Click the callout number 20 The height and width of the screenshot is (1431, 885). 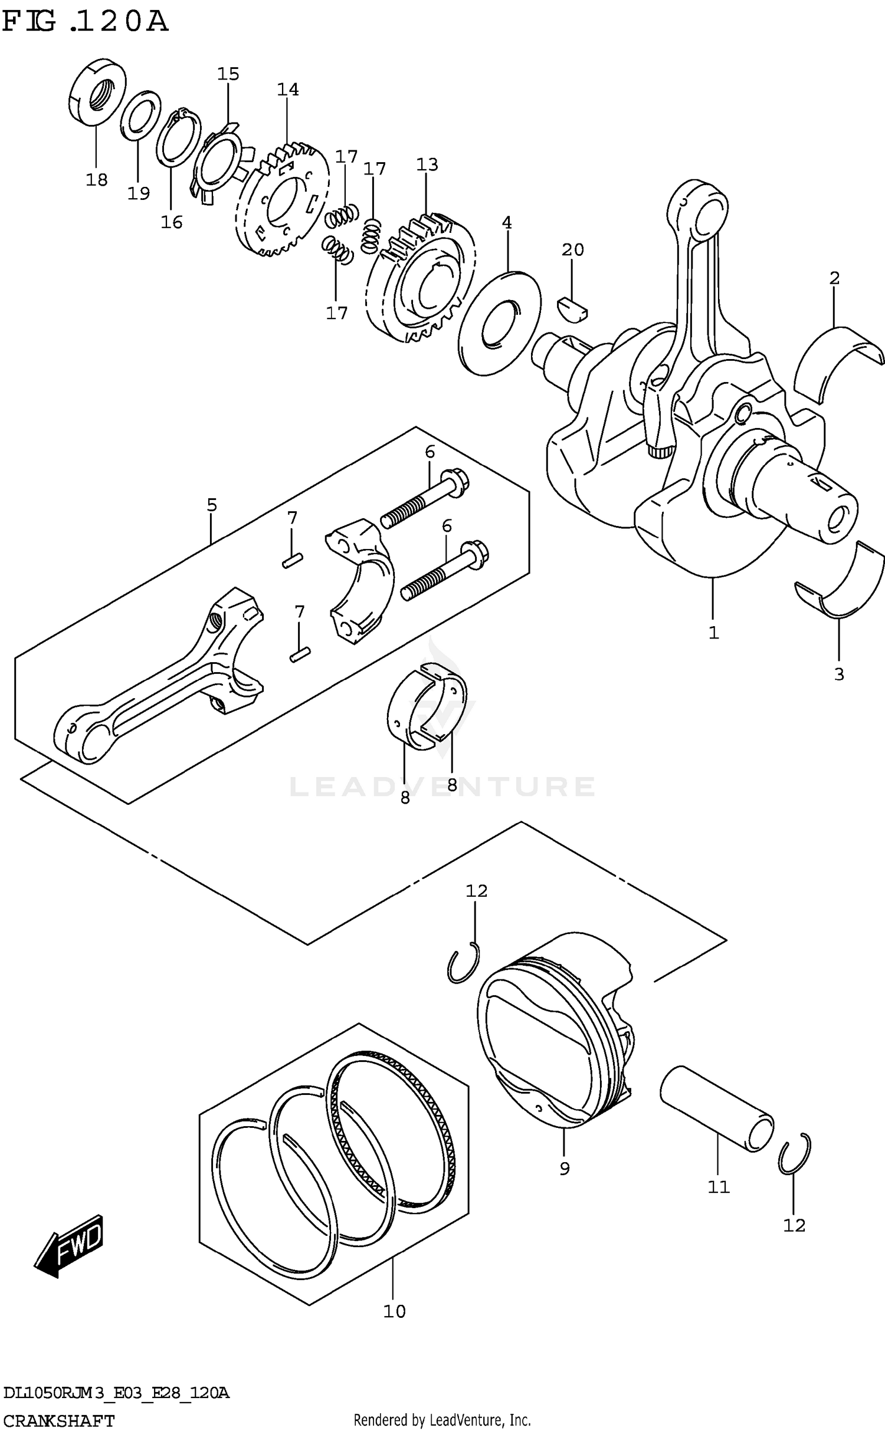tap(572, 249)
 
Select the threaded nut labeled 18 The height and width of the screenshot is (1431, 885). tap(97, 91)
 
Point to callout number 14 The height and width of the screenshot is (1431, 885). tap(288, 90)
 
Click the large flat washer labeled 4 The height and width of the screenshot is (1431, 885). tap(499, 323)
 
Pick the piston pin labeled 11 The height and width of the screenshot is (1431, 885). tap(716, 1102)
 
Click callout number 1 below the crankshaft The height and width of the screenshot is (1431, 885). tap(713, 633)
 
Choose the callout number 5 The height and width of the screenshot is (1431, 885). tap(212, 505)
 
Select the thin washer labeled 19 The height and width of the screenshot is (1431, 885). tap(140, 116)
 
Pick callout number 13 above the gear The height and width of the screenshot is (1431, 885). tap(427, 165)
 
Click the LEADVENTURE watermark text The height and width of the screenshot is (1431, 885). tap(442, 787)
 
